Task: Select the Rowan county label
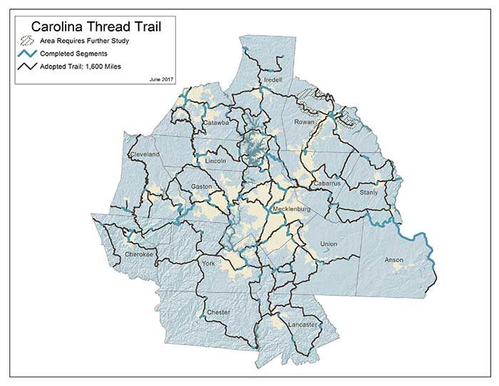tap(304, 122)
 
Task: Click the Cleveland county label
tap(144, 154)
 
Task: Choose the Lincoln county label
tap(215, 161)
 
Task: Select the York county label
tap(208, 264)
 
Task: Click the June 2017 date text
tap(163, 76)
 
